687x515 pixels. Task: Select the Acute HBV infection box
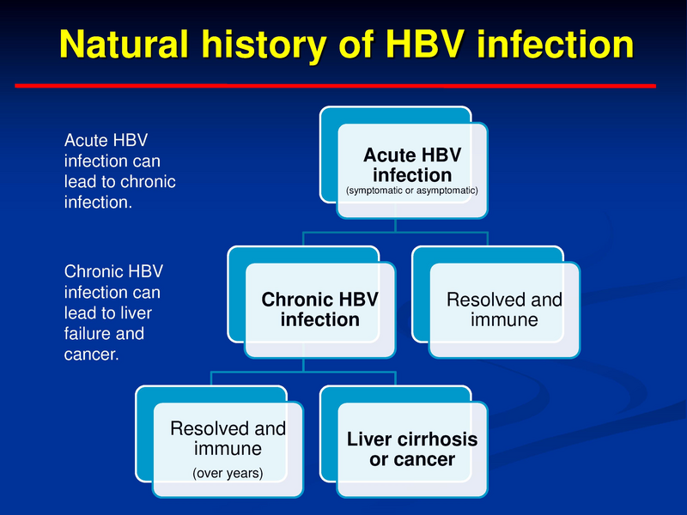pyautogui.click(x=411, y=167)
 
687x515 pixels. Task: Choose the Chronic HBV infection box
pyautogui.click(x=319, y=310)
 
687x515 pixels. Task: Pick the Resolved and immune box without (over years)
pyautogui.click(x=504, y=310)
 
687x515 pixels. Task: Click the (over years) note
pyautogui.click(x=228, y=473)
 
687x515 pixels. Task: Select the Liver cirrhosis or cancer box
pyautogui.click(x=411, y=449)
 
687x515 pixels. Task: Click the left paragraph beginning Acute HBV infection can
pyautogui.click(x=119, y=171)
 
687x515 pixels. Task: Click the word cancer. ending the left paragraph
pyautogui.click(x=91, y=354)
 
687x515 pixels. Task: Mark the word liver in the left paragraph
pyautogui.click(x=138, y=312)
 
